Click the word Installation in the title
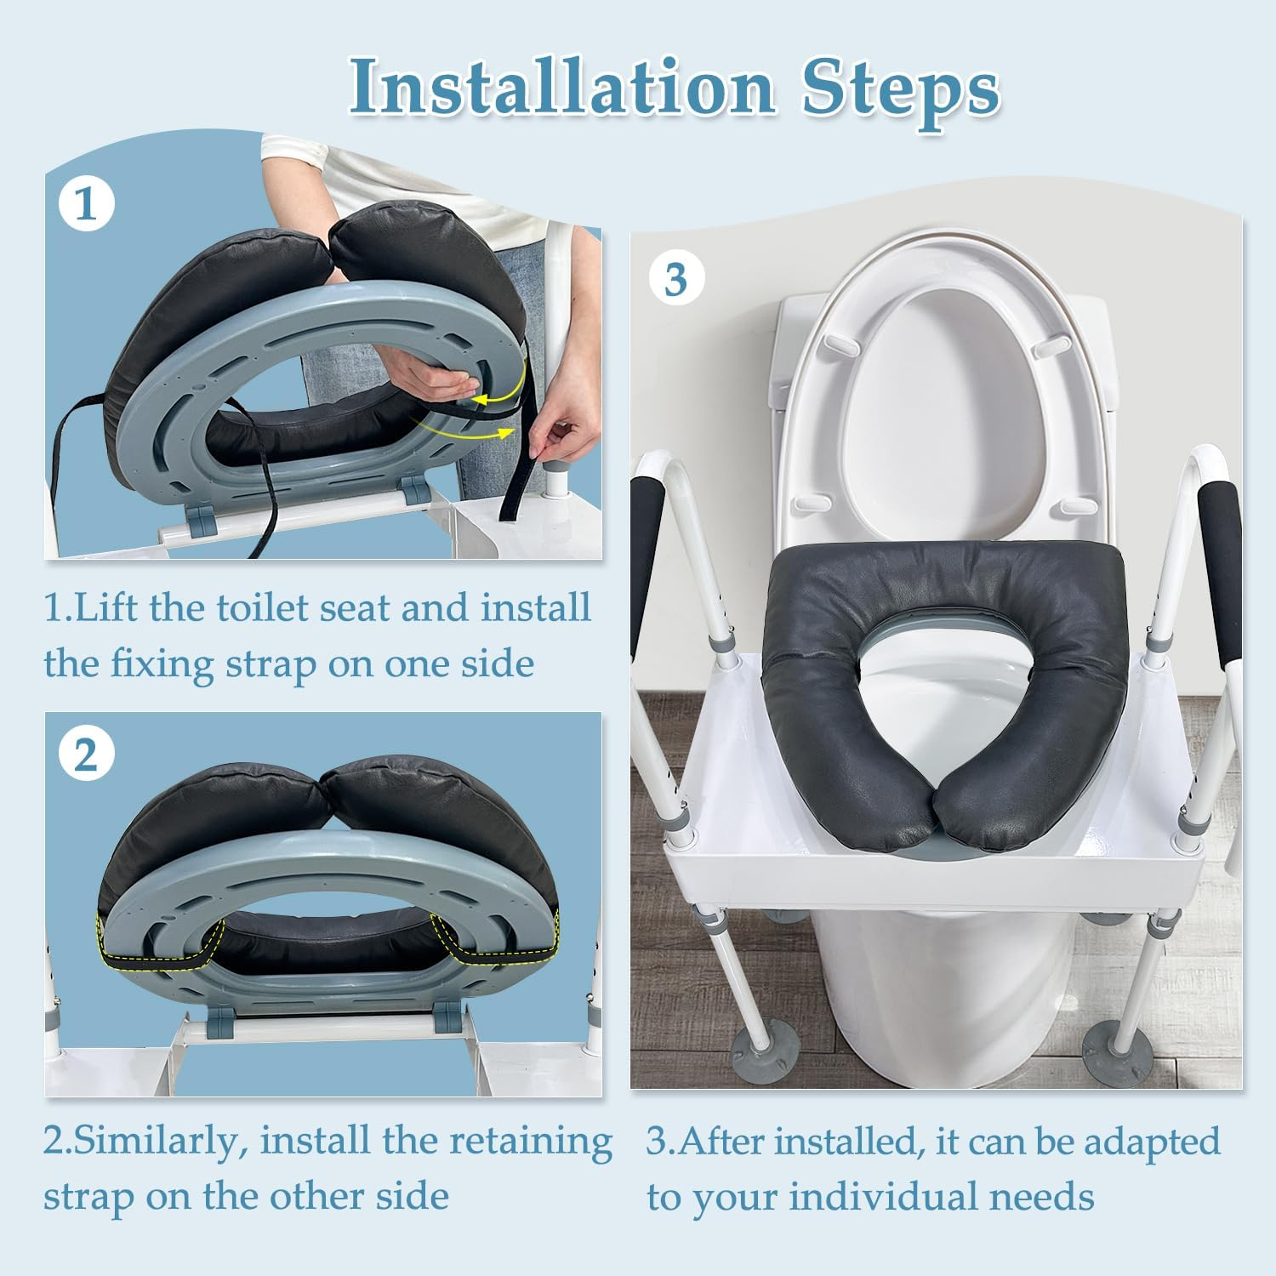point(562,87)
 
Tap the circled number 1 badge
point(87,204)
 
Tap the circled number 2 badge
point(87,754)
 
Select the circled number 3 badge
point(675,280)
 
